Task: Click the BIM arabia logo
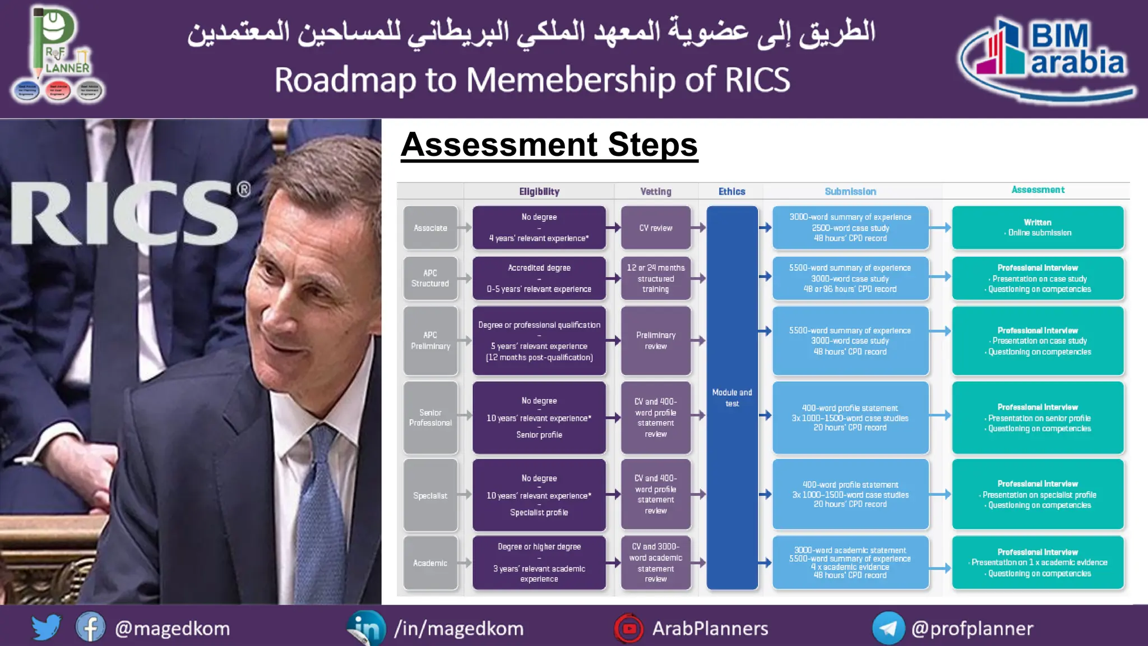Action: pyautogui.click(x=1047, y=57)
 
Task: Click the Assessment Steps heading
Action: pyautogui.click(x=549, y=145)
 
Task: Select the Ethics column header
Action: pyautogui.click(x=732, y=191)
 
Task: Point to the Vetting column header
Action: pyautogui.click(x=655, y=191)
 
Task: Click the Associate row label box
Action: pyautogui.click(x=430, y=228)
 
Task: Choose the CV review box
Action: pyautogui.click(x=655, y=228)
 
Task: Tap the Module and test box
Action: pyautogui.click(x=732, y=398)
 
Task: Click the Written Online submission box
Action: pyautogui.click(x=1038, y=228)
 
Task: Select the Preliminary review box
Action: pyautogui.click(x=655, y=340)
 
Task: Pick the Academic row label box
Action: pyautogui.click(x=430, y=563)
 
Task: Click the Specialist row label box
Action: pyautogui.click(x=430, y=495)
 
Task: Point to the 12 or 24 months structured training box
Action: pyautogui.click(x=655, y=278)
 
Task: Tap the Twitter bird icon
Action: pyautogui.click(x=46, y=627)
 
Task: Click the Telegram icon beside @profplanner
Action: pyautogui.click(x=888, y=628)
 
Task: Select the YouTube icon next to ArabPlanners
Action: pyautogui.click(x=629, y=628)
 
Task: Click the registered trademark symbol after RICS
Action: pyautogui.click(x=243, y=189)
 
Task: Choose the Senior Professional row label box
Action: pyautogui.click(x=430, y=417)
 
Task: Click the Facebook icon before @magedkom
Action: pyautogui.click(x=90, y=627)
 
